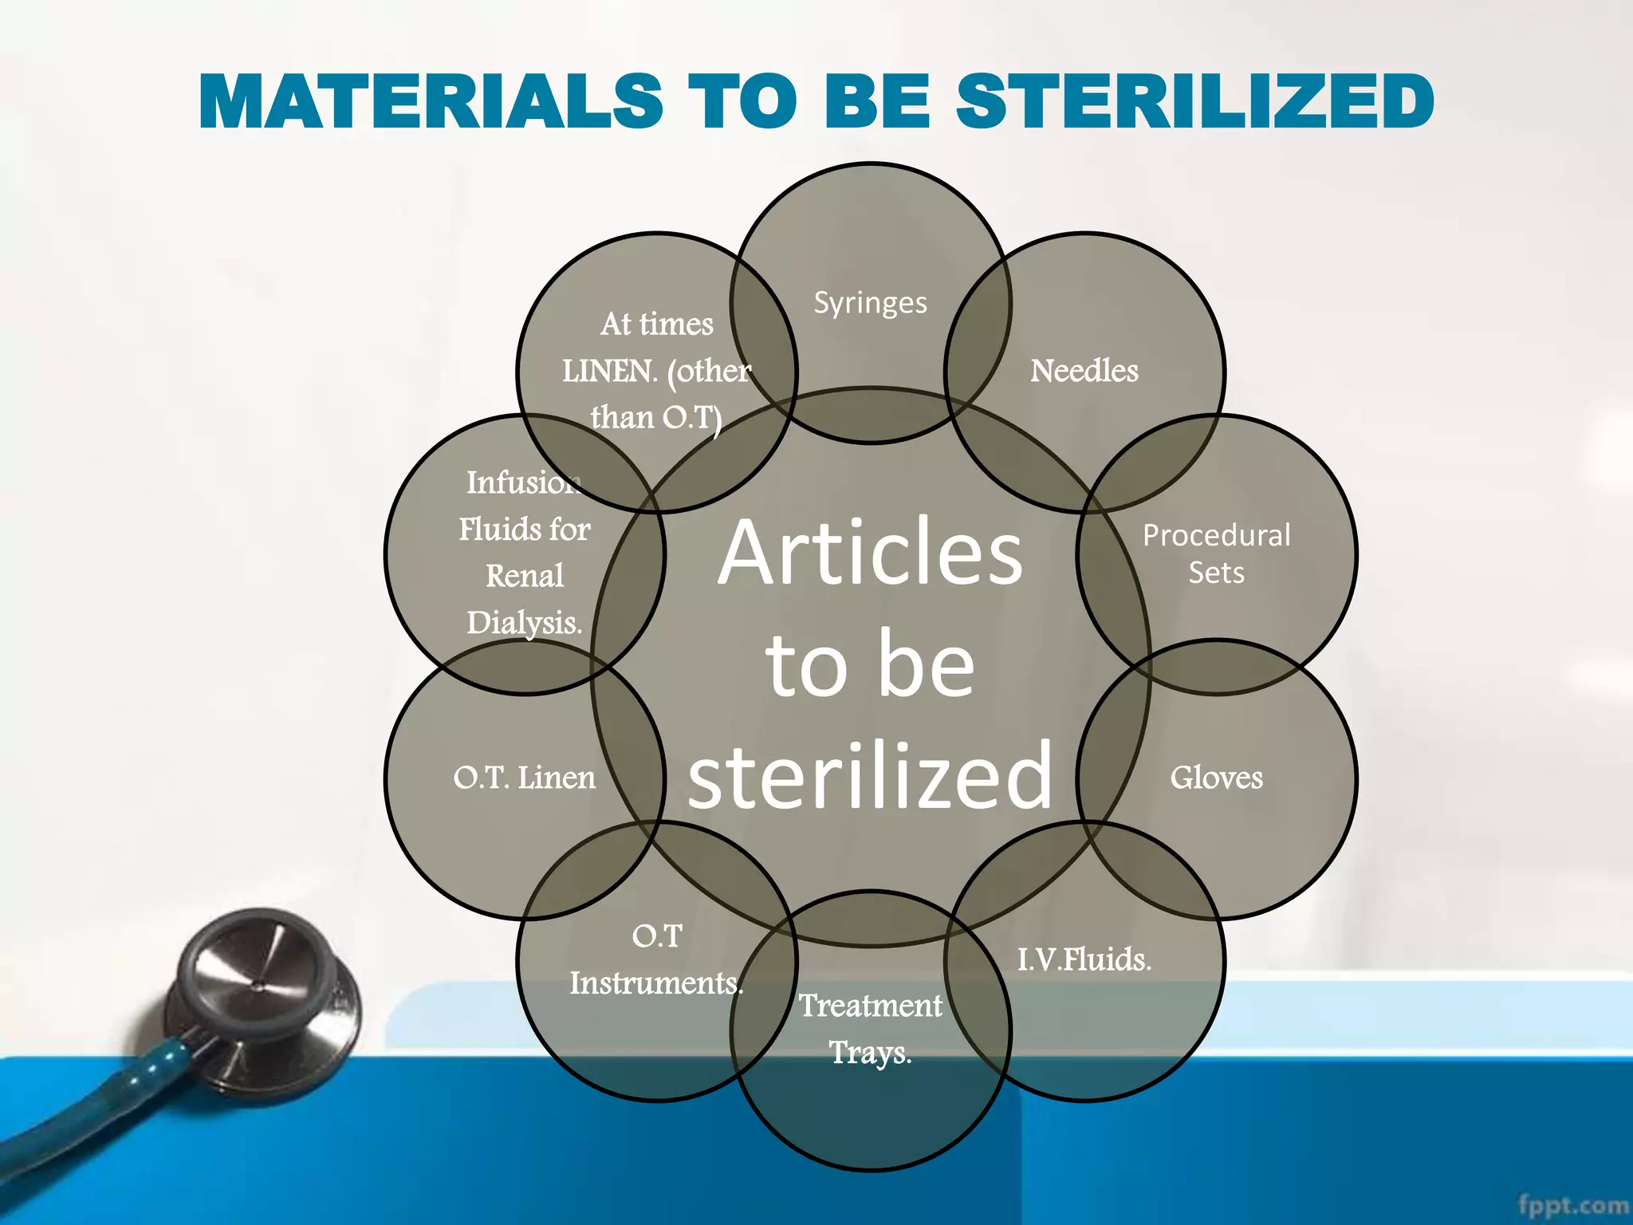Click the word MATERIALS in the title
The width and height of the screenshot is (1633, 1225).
click(431, 101)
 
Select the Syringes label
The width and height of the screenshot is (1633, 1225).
click(870, 303)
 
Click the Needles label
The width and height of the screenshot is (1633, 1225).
click(1084, 371)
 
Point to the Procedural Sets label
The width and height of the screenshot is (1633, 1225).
click(1216, 553)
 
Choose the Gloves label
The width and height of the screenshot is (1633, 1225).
click(1216, 778)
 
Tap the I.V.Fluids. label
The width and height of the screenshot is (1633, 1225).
click(1084, 959)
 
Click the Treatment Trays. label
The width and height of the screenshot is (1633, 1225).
click(870, 1029)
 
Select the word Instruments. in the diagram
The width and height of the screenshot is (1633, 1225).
click(655, 983)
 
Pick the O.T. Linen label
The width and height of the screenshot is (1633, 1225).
click(524, 778)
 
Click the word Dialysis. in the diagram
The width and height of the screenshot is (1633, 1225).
click(524, 623)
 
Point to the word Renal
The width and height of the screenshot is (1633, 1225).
click(524, 576)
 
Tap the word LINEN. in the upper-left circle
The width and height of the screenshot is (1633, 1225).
click(610, 371)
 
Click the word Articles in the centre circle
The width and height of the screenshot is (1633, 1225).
click(870, 552)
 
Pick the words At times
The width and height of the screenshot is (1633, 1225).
click(656, 324)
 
